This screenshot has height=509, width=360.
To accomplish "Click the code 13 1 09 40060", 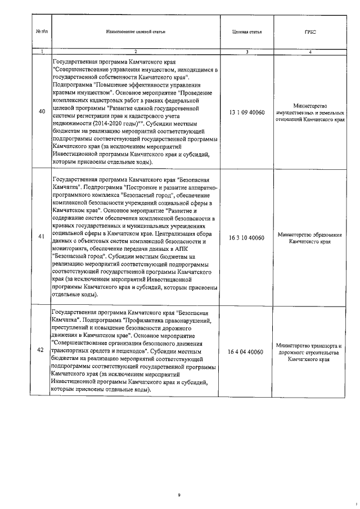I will (x=247, y=112).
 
